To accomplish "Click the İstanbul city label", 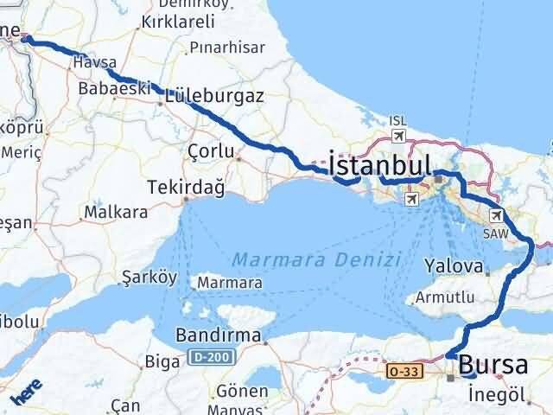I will point(380,164).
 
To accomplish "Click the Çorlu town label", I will point(211,151).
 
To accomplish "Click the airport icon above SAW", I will point(496,216).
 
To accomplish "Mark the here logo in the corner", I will point(26,394).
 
